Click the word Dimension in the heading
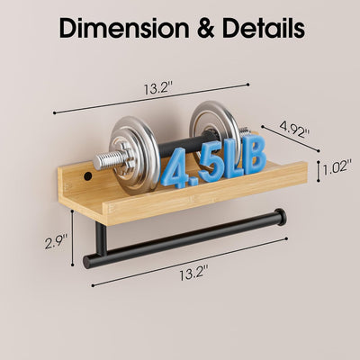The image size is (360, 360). pyautogui.click(x=124, y=28)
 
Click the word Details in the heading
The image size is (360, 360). pyautogui.click(x=264, y=28)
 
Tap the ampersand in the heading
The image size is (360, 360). pyautogui.click(x=206, y=29)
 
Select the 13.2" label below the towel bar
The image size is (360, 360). pyautogui.click(x=193, y=274)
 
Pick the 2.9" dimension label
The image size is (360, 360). pyautogui.click(x=56, y=242)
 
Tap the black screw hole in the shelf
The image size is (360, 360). pyautogui.click(x=87, y=176)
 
